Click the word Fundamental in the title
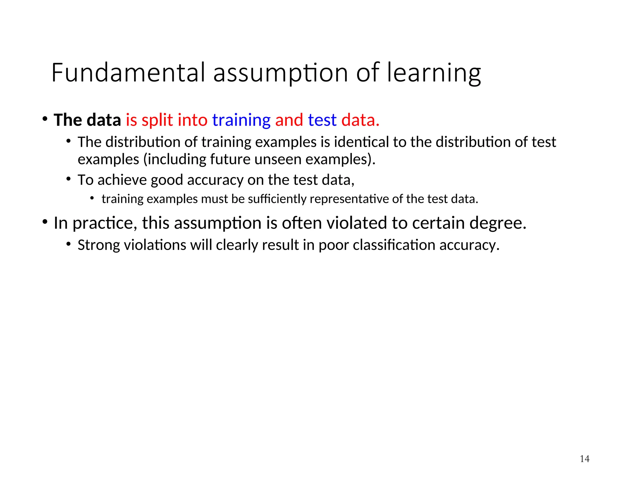[x=128, y=72]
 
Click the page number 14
[x=584, y=459]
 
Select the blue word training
[x=241, y=120]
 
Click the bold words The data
[x=87, y=120]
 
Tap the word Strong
[x=98, y=245]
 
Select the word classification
[x=394, y=245]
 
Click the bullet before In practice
[x=45, y=222]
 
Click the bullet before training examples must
[x=92, y=198]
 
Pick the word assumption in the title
[x=280, y=73]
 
